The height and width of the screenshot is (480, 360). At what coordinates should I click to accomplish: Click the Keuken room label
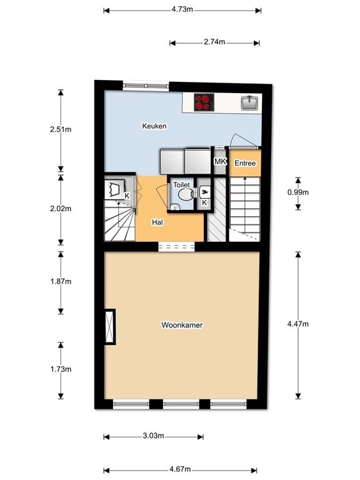[154, 126]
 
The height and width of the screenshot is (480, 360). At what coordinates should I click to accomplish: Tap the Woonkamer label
[182, 325]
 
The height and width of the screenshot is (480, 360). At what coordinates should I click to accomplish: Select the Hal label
[157, 222]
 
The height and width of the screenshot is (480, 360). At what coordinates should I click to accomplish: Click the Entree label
[245, 163]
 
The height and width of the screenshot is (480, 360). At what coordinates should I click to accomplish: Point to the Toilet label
[181, 185]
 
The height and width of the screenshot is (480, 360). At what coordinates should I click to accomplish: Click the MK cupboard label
[220, 161]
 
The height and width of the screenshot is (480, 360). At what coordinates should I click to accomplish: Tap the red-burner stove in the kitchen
[204, 102]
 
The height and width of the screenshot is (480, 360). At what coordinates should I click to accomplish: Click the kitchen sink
[250, 103]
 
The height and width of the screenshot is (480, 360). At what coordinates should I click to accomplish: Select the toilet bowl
[186, 194]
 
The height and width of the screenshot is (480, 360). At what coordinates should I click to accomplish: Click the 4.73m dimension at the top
[182, 9]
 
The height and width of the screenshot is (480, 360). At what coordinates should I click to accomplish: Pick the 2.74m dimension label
[214, 42]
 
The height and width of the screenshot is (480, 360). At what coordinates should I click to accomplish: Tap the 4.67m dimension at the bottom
[180, 469]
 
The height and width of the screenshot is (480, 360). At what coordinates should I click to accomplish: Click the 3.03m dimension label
[153, 436]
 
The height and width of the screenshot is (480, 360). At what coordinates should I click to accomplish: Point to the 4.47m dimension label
[298, 324]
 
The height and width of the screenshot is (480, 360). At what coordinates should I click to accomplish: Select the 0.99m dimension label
[298, 192]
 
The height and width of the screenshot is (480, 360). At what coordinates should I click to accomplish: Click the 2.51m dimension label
[61, 129]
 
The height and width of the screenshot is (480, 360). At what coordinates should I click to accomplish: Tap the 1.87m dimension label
[61, 281]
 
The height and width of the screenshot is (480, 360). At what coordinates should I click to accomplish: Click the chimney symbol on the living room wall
[109, 327]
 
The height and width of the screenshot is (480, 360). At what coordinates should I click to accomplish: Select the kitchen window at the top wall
[146, 86]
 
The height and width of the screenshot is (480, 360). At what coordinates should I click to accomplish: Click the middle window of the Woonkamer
[181, 404]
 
